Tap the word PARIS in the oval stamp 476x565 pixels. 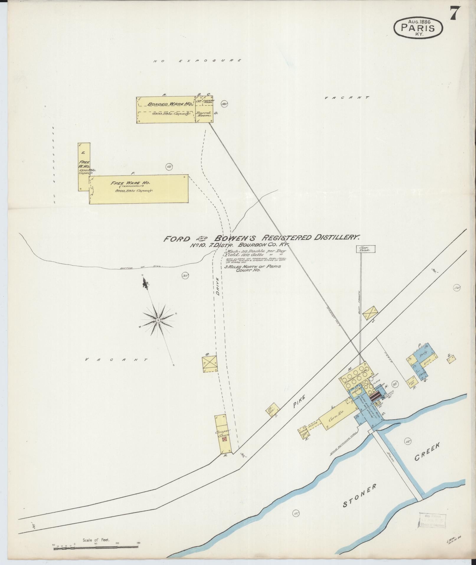point(418,28)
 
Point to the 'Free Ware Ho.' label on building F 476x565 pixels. point(130,183)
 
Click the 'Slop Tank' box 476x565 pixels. point(366,249)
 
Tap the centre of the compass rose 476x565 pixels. point(158,320)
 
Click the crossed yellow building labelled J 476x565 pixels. point(370,313)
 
